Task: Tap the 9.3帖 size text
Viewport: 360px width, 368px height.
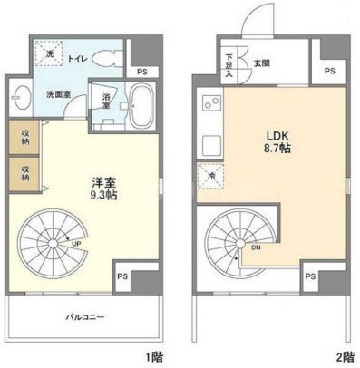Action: pyautogui.click(x=102, y=194)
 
